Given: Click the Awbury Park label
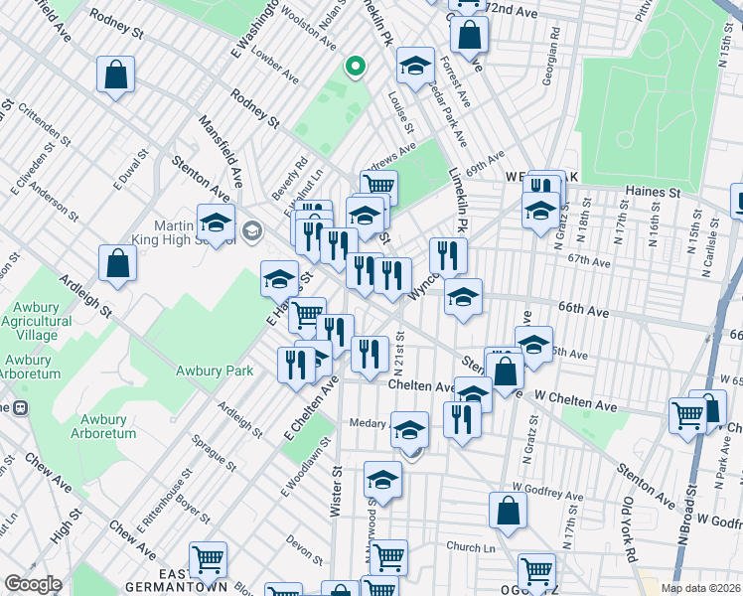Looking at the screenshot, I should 215,371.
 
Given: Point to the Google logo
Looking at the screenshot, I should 33,584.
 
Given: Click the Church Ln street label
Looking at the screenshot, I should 470,547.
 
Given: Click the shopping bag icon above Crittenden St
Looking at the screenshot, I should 116,75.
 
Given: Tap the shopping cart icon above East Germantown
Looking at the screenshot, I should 208,559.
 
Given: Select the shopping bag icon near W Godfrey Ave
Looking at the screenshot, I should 508,512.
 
